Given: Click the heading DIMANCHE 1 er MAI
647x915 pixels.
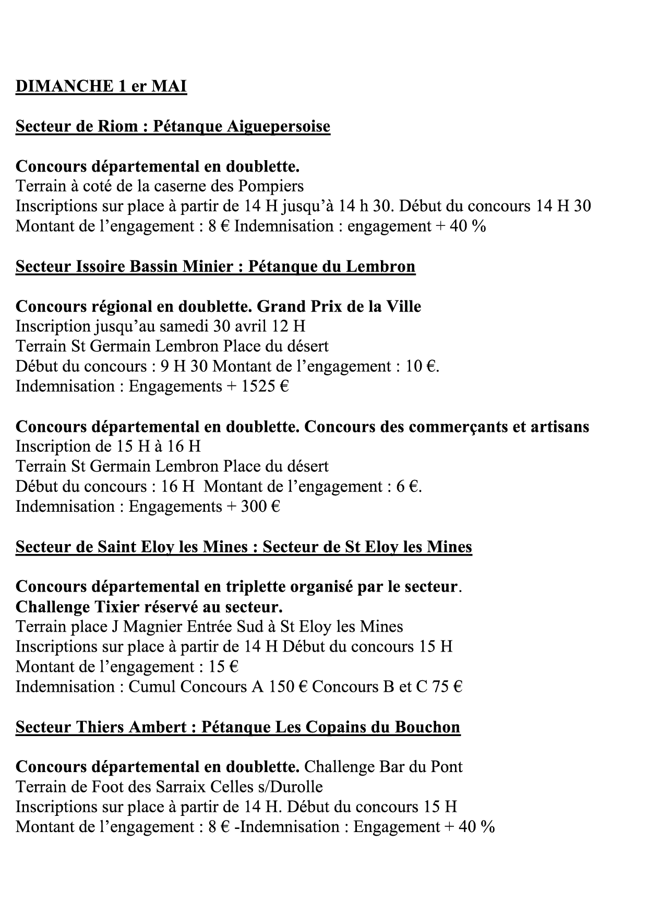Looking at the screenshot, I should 101,86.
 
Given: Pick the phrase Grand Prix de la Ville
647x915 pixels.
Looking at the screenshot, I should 339,306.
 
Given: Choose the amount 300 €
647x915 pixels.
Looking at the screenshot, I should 260,507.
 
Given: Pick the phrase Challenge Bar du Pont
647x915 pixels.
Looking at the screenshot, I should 383,767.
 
